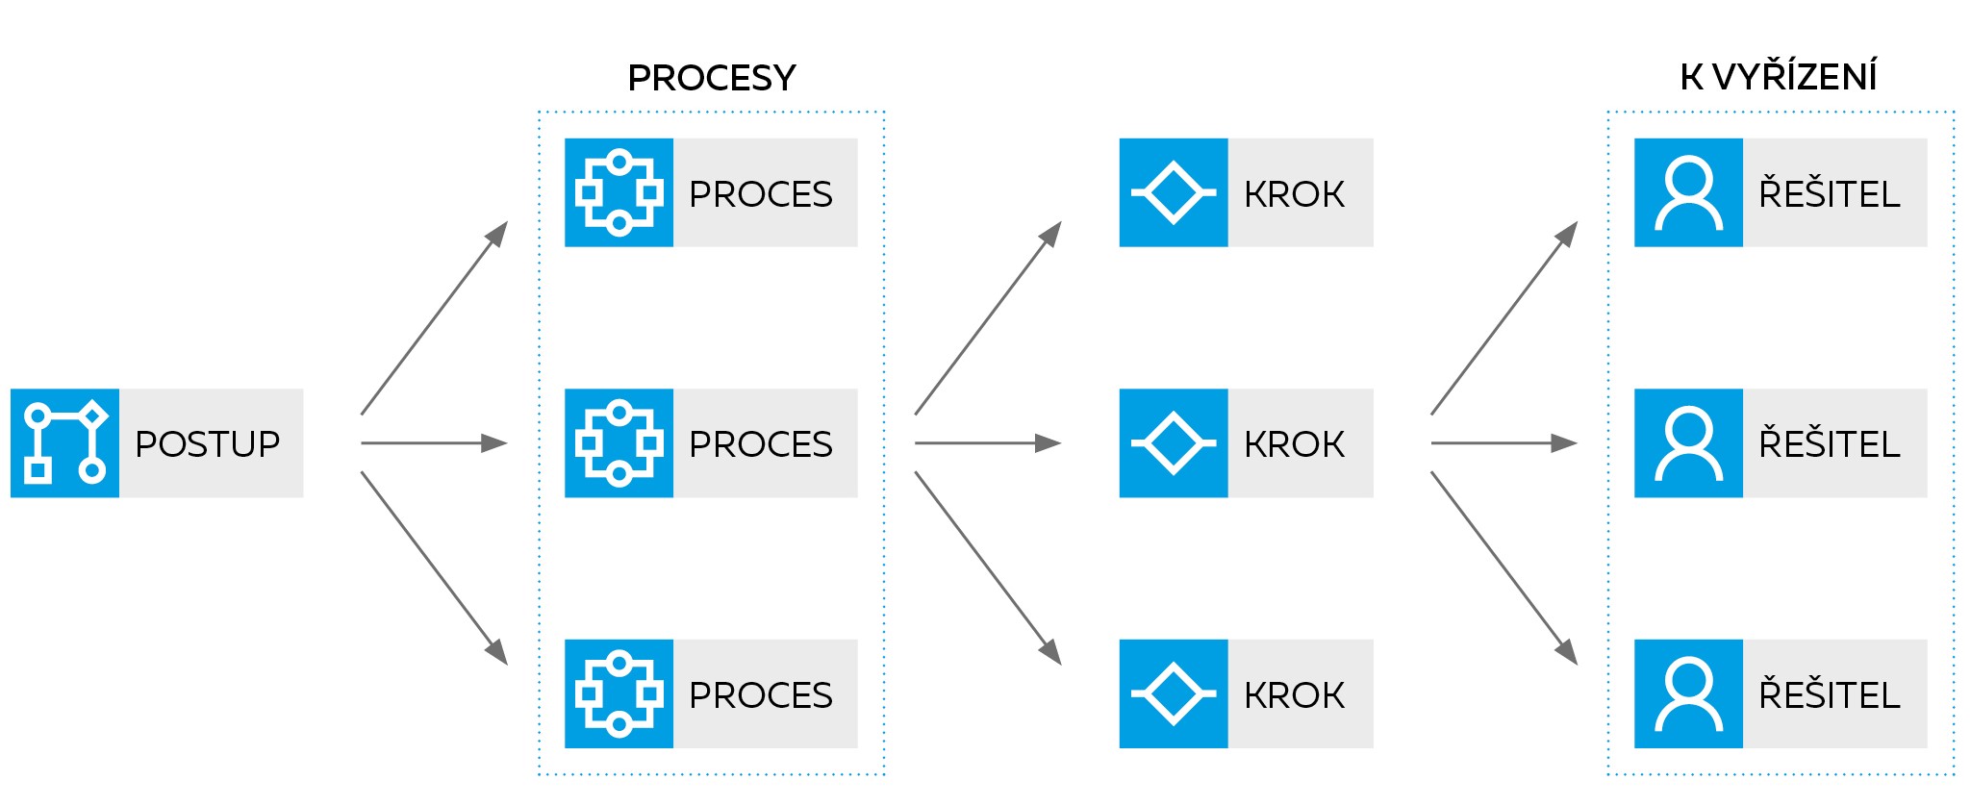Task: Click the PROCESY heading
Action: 712,78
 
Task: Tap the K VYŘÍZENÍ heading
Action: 1779,78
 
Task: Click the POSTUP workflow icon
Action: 64,442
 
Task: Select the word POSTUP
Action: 208,443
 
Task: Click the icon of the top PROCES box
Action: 619,192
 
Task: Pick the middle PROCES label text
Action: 760,443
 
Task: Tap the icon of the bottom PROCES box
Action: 619,693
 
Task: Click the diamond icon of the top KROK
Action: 1173,192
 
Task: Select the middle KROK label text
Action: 1294,443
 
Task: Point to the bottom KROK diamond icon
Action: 1173,693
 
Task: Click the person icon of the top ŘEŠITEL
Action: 1688,192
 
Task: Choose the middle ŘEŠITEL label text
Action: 1829,443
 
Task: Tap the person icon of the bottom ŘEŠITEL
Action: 1688,693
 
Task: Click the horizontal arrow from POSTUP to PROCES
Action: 433,443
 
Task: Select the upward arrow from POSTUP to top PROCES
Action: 433,319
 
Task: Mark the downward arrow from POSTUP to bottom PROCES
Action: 433,567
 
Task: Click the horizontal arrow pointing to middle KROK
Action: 987,443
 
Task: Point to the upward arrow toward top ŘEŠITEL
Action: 1504,319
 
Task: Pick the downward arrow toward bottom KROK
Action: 987,567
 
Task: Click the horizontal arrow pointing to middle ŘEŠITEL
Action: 1504,443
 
